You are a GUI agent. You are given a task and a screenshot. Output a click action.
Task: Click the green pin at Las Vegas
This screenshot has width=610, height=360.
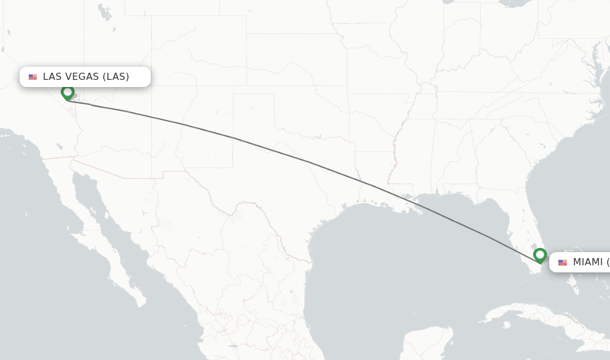click(x=67, y=92)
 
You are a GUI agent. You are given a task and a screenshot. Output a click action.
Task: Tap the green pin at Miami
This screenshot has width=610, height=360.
click(x=540, y=255)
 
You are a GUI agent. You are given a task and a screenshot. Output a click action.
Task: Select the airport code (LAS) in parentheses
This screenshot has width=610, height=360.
click(x=116, y=76)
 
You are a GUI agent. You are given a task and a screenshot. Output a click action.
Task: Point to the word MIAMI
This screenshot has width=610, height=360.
click(x=587, y=262)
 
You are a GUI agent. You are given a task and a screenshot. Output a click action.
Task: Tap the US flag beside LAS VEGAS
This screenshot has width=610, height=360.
click(x=33, y=77)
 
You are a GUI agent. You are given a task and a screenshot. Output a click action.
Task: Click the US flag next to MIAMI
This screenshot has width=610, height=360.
click(x=562, y=263)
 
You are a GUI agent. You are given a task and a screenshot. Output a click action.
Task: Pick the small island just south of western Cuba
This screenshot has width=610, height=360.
click(x=505, y=325)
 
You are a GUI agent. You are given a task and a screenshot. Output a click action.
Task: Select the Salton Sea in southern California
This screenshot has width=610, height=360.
click(x=59, y=145)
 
